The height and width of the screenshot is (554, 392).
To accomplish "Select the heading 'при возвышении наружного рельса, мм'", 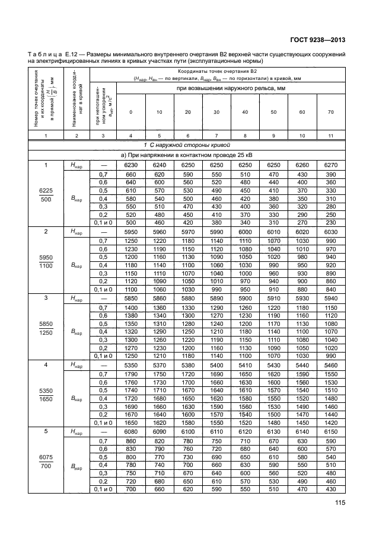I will pos(230,88).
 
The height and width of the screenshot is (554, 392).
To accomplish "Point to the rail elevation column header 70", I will pos(330,112).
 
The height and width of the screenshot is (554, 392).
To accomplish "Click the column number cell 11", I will pos(330,136).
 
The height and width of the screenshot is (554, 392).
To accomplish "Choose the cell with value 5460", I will pos(330,366).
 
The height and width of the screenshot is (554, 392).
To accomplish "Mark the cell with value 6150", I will pos(330,433).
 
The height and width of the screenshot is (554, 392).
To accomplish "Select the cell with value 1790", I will pos(130,375).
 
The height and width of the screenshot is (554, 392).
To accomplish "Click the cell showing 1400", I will pos(130,308).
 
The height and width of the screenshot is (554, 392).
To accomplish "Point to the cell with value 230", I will pos(330,222).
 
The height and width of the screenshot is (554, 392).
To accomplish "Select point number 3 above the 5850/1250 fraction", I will pos(45,299).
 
